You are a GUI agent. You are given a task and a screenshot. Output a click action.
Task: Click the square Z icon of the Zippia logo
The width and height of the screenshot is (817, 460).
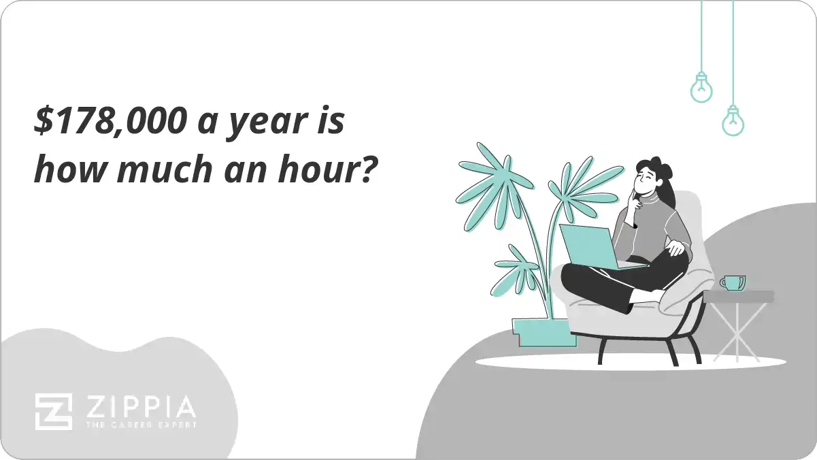click(54, 411)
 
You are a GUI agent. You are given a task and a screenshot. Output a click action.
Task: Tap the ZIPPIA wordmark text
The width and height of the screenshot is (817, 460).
click(140, 407)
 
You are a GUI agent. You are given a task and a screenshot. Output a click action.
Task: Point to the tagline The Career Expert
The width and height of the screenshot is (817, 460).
click(140, 425)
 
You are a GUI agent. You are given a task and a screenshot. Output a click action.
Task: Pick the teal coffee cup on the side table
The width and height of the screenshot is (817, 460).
click(733, 282)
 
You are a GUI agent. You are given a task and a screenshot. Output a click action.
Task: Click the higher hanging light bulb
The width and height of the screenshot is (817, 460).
click(701, 87)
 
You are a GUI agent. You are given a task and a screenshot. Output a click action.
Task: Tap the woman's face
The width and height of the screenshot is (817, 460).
click(646, 181)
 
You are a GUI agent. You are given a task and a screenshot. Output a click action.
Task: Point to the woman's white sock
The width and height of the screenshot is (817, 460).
click(643, 296)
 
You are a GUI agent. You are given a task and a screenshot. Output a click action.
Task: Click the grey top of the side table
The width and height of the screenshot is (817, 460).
click(738, 297)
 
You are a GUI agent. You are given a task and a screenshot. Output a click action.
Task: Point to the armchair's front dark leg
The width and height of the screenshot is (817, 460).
click(602, 351)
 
